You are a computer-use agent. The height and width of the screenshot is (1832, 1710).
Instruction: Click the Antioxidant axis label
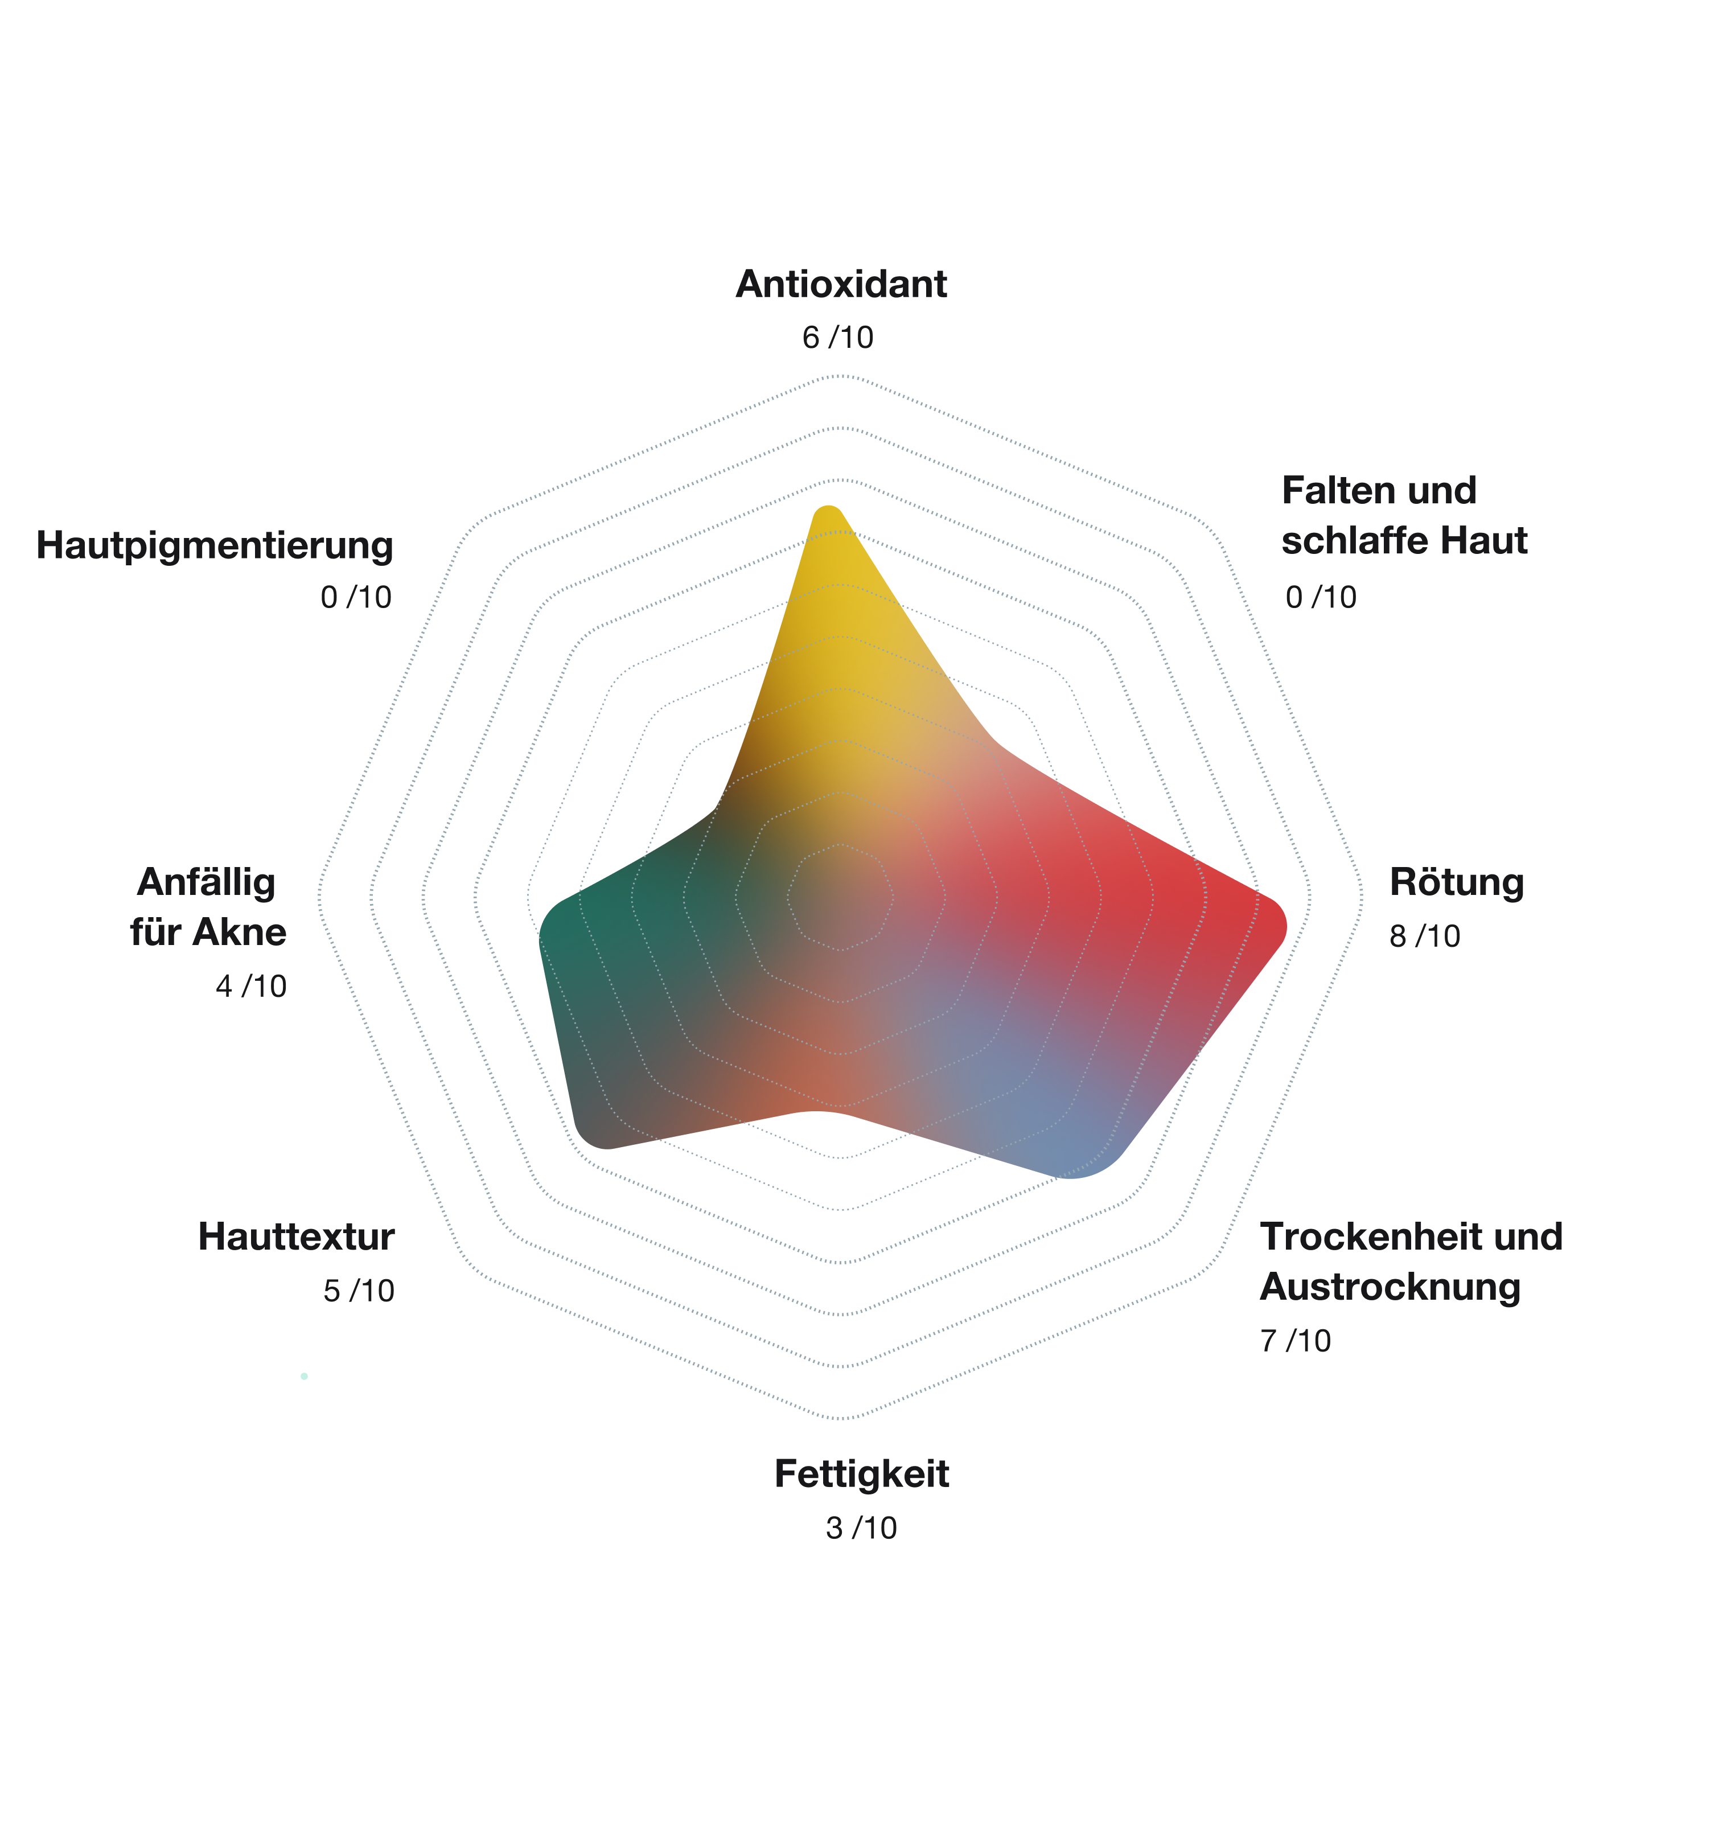tap(840, 284)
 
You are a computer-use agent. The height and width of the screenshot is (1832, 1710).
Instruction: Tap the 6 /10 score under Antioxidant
tap(837, 337)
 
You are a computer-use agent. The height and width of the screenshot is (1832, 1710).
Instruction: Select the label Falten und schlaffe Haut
tap(1403, 515)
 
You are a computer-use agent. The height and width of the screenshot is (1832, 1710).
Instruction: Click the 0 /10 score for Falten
tap(1320, 597)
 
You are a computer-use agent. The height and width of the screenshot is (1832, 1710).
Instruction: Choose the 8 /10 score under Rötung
tap(1424, 936)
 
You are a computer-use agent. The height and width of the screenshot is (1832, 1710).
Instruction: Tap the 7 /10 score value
tap(1294, 1341)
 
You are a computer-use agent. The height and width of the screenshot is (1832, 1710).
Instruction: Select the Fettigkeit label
tap(861, 1473)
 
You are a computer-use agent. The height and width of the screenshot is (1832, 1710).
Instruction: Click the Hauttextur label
tap(296, 1237)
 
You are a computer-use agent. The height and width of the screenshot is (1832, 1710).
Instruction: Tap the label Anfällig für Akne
tap(208, 907)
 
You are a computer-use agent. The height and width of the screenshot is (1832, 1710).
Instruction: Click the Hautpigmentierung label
tap(215, 545)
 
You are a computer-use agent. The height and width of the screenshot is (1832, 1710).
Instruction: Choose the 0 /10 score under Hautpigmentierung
tap(356, 597)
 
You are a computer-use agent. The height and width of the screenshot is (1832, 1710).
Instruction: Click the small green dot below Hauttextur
tap(304, 1377)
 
